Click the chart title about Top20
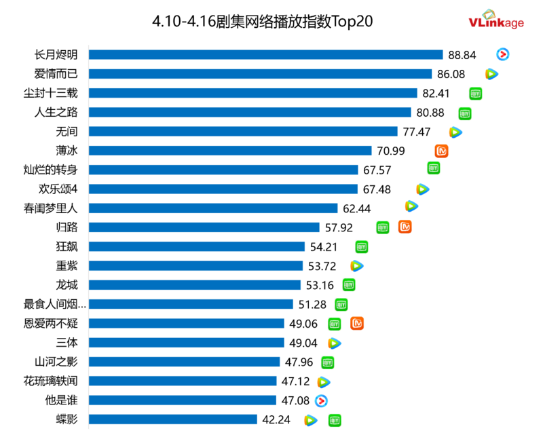(262, 22)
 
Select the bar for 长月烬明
(265, 55)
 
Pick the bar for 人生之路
(250, 113)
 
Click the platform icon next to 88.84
(503, 55)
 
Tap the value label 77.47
(417, 132)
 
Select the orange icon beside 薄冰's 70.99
(442, 151)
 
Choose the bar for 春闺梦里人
(213, 208)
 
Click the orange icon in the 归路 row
(405, 227)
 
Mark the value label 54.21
(324, 246)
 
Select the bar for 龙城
(195, 285)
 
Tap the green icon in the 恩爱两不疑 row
(334, 324)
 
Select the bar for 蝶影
(173, 419)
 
